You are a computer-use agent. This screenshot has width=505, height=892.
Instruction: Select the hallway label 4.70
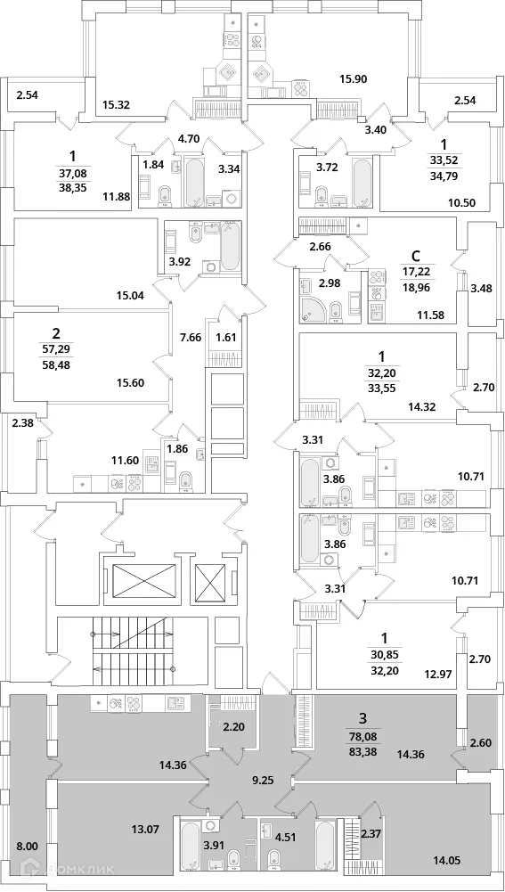pyautogui.click(x=188, y=138)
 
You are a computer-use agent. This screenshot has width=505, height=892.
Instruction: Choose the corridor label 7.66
pyautogui.click(x=190, y=337)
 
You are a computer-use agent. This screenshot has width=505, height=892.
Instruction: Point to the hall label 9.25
pyautogui.click(x=263, y=780)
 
